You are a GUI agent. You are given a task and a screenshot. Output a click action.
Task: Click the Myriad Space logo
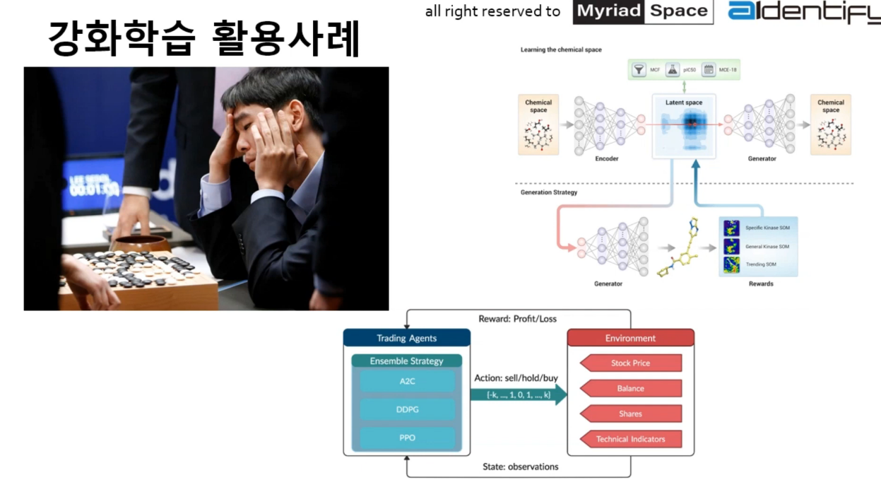(x=642, y=11)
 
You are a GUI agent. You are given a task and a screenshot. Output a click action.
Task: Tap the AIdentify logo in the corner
(x=804, y=11)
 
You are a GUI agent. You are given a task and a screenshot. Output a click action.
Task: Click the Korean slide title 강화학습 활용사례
(x=204, y=38)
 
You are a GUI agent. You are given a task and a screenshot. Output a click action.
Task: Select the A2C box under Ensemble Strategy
(x=407, y=382)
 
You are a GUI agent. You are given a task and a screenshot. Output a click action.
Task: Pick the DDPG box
(x=407, y=410)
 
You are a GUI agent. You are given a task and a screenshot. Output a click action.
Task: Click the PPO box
(x=407, y=438)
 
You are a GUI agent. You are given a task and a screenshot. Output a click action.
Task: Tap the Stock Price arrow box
(x=630, y=363)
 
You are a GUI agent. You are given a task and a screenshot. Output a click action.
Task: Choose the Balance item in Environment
(x=630, y=388)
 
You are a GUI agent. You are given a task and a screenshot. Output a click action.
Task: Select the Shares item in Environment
(x=630, y=414)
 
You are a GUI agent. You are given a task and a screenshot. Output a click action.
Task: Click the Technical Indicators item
(x=630, y=439)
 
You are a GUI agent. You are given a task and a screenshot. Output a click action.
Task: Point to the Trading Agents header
(x=407, y=338)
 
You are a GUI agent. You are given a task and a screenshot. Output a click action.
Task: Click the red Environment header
(x=630, y=338)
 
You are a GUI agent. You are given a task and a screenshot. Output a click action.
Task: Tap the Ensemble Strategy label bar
(x=407, y=361)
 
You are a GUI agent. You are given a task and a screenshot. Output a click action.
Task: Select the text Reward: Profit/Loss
(x=517, y=319)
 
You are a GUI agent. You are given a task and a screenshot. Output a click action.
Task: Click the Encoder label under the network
(x=606, y=159)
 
